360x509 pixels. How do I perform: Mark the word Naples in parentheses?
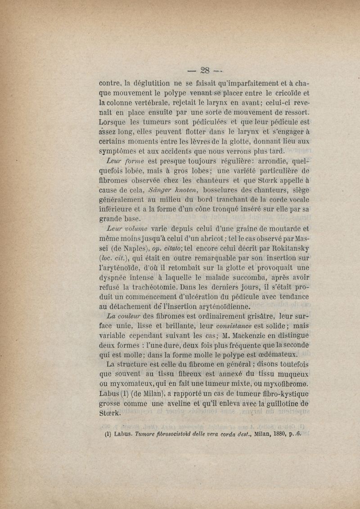coord(134,248)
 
